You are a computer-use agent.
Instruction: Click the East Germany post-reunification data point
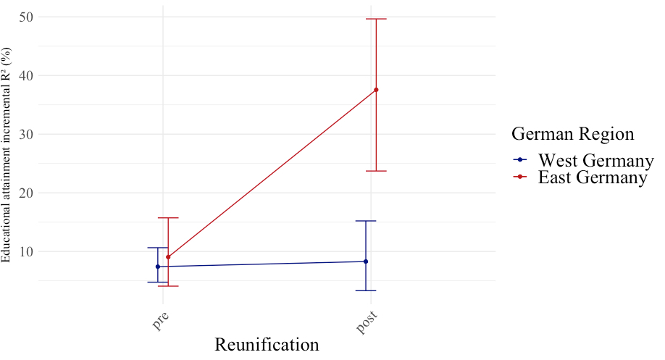tap(376, 90)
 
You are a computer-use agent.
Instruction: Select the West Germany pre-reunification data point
tap(158, 267)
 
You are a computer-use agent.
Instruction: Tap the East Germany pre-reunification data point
tap(168, 257)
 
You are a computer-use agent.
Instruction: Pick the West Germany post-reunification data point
tap(366, 261)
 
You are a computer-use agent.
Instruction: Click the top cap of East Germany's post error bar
tap(376, 19)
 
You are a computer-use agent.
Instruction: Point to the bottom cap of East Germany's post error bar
tap(376, 171)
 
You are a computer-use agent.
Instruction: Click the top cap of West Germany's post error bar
tap(366, 221)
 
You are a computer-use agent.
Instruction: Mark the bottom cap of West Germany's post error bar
tap(366, 290)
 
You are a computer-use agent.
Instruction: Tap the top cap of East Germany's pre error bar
tap(168, 218)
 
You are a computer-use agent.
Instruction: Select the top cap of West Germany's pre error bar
tap(158, 248)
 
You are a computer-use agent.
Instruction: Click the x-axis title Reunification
tap(267, 345)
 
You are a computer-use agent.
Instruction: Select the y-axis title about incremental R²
tap(7, 155)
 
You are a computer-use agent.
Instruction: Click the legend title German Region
tap(573, 134)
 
